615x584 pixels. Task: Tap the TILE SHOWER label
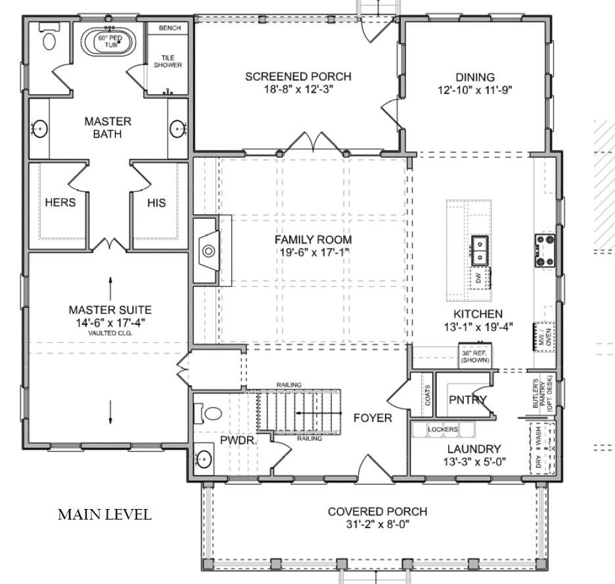pos(168,61)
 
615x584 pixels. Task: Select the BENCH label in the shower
pos(170,28)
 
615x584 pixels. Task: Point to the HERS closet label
pos(60,203)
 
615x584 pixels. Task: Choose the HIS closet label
pos(156,203)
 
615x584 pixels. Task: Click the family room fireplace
pos(208,250)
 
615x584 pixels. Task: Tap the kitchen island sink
pos(481,249)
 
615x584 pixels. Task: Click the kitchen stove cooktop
pos(545,251)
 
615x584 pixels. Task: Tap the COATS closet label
pos(428,395)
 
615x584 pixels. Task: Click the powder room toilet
pos(212,414)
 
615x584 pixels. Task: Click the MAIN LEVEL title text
pos(104,514)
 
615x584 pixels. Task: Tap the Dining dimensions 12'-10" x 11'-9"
pos(475,91)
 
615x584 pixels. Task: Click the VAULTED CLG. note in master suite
pos(110,333)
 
